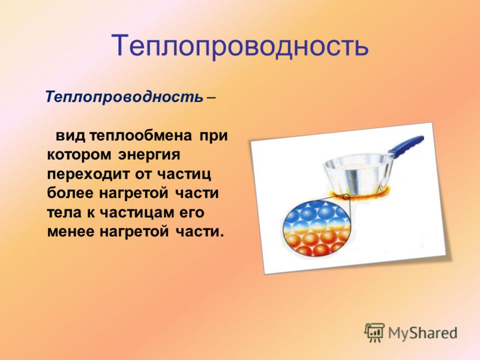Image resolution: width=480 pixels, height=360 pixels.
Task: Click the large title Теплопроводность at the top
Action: (x=240, y=46)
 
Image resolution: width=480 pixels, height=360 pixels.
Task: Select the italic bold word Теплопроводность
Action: (x=124, y=97)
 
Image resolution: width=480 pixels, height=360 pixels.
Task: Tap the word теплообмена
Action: (x=141, y=136)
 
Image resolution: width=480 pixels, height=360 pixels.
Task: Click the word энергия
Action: (x=149, y=155)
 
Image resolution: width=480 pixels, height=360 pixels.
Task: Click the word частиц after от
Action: (x=184, y=175)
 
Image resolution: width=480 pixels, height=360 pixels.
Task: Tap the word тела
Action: (x=64, y=213)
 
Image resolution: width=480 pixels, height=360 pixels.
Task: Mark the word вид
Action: (x=70, y=136)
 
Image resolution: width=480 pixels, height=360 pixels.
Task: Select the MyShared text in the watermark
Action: (x=422, y=333)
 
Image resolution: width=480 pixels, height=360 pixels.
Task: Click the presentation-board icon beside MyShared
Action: (x=374, y=332)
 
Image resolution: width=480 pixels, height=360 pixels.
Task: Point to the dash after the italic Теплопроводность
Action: (x=211, y=98)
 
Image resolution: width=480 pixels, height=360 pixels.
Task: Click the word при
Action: (x=214, y=136)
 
